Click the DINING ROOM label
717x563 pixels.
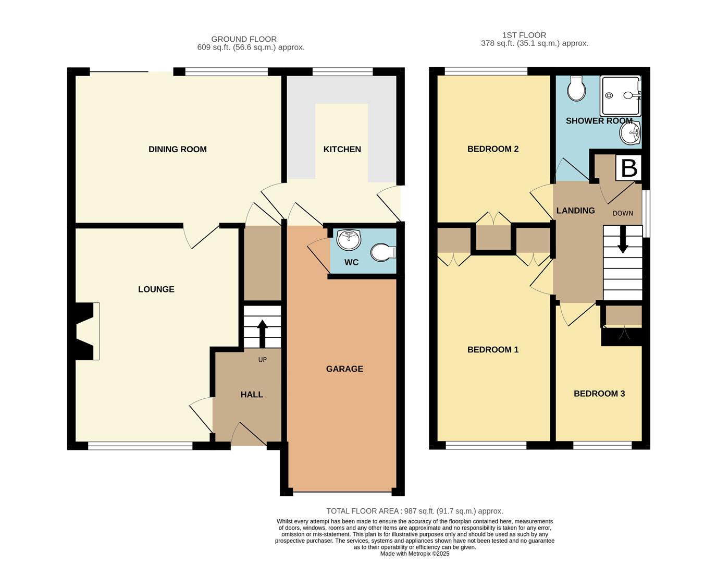[x=177, y=149]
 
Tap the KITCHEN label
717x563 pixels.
[x=342, y=149]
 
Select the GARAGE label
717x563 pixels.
[x=344, y=369]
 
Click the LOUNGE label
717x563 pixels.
[x=156, y=289]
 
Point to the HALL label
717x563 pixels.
[x=252, y=395]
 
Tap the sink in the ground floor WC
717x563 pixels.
[x=349, y=239]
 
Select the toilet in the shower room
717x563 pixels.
[x=576, y=89]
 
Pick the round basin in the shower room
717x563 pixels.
[x=629, y=133]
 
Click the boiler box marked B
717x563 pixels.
[x=629, y=168]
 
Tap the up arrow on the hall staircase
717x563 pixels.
[x=262, y=332]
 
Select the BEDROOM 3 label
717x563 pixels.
[x=599, y=394]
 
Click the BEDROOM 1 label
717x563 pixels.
[x=492, y=349]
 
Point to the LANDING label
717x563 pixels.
[x=575, y=211]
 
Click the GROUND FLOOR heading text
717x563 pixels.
[x=244, y=39]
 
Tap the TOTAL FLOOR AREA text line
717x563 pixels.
[x=414, y=511]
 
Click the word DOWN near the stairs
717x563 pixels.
[x=623, y=213]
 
